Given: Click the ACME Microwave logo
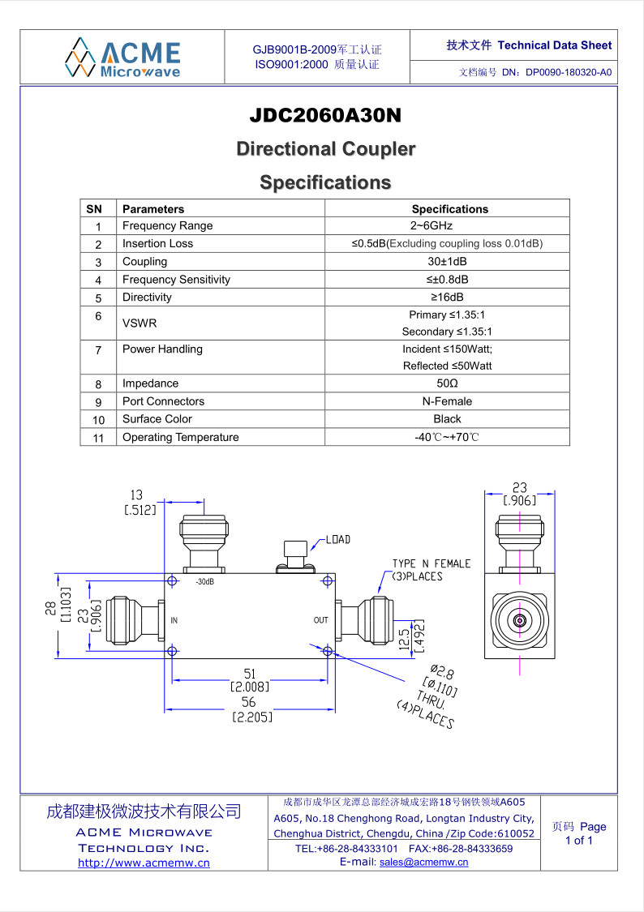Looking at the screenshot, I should tap(122, 57).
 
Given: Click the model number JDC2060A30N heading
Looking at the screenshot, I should tap(325, 116).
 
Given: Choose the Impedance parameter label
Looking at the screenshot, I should tap(151, 383).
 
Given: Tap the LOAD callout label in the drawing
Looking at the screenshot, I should tap(337, 539).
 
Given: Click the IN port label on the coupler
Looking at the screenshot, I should tap(174, 620).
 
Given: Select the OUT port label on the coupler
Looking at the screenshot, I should tap(321, 620).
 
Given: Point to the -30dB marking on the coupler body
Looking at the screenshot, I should tap(204, 582).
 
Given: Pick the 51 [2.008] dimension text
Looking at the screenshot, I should tap(249, 679).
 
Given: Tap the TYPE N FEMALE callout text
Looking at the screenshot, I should tap(431, 563).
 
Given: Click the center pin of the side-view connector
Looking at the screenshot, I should tap(519, 622).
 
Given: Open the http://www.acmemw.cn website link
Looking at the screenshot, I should tap(144, 863).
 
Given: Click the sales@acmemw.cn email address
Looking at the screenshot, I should tap(423, 863).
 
